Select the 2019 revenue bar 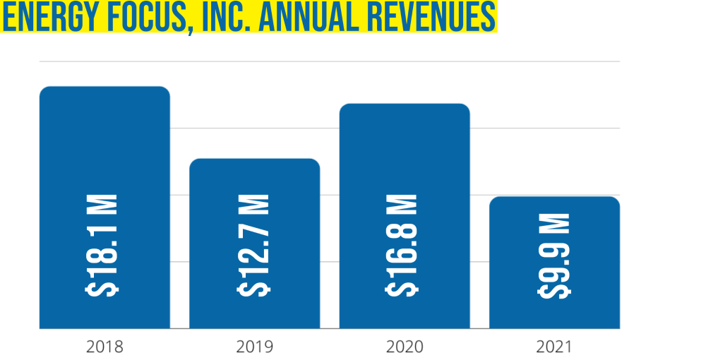click(254, 184)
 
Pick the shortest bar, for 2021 click(554, 212)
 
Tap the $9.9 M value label click(555, 254)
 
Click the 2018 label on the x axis click(104, 347)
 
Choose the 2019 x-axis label click(254, 347)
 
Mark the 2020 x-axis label click(405, 347)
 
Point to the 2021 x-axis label click(554, 347)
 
